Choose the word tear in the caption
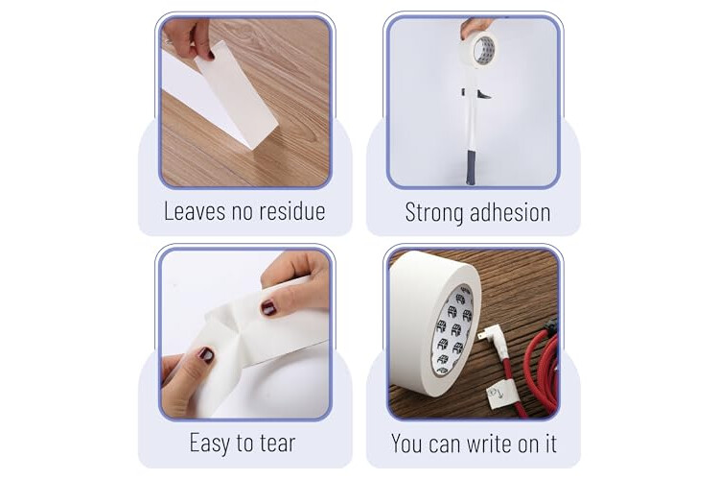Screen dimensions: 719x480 point(278,444)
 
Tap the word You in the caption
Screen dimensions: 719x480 point(406,444)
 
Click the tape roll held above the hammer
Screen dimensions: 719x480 point(479,50)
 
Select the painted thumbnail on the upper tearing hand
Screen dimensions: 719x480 point(268,308)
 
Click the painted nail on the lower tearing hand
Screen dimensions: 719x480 point(206,355)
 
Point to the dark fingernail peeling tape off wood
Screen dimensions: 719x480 point(211,56)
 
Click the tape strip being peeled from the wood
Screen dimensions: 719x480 point(236,94)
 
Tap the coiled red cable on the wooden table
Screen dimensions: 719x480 point(540,368)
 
